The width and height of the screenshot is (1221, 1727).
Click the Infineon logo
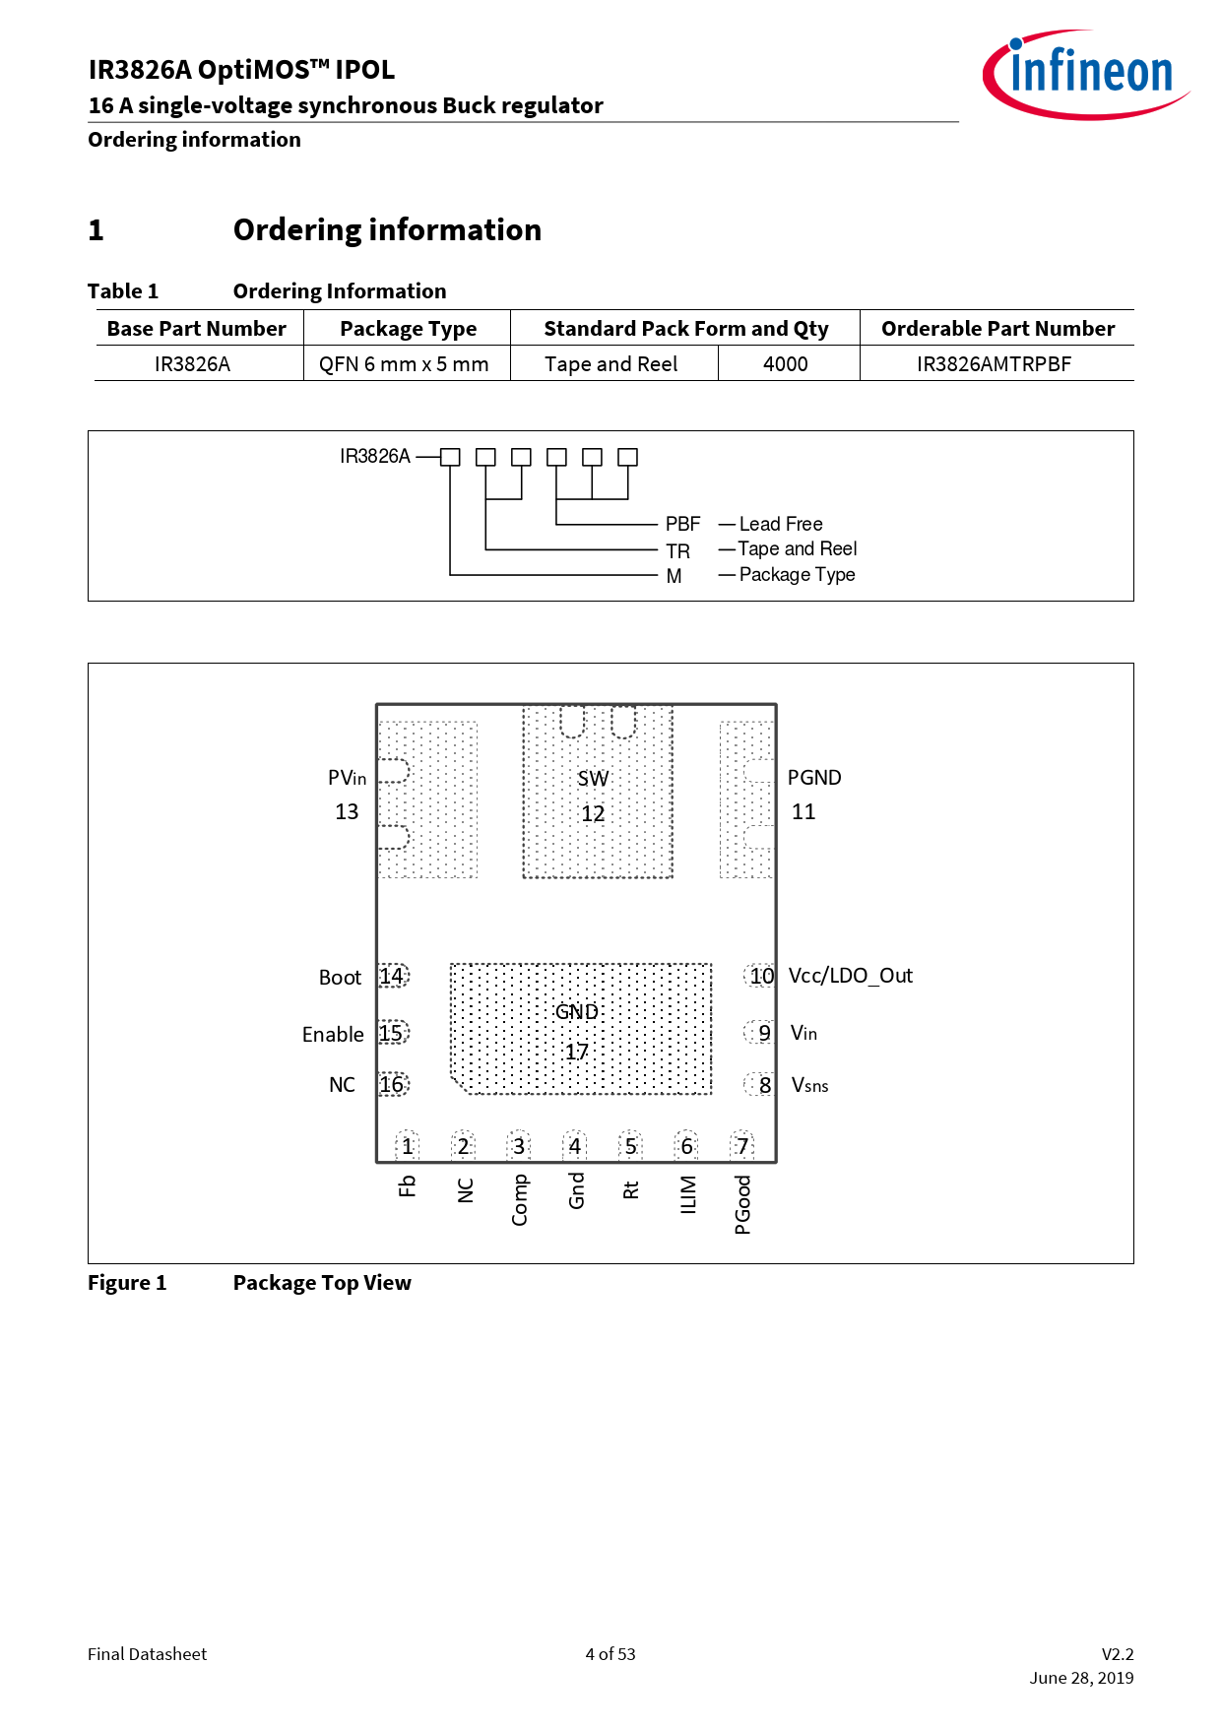1086,75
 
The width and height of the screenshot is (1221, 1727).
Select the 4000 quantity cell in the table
786,364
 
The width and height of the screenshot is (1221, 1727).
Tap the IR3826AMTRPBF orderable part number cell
994,364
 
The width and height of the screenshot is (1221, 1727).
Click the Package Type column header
408,329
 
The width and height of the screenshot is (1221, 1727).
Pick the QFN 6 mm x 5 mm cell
404,364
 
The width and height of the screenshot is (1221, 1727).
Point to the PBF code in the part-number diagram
682,524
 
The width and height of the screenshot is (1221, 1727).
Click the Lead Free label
781,524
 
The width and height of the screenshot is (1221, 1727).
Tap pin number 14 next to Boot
392,976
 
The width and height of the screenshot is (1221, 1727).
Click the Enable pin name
333,1034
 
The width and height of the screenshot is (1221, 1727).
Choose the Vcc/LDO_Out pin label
851,976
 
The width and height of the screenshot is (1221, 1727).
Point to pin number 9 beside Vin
764,1033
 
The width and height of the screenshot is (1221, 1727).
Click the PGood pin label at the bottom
742,1204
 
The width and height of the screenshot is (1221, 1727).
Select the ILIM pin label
688,1194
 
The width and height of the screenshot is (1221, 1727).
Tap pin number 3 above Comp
519,1146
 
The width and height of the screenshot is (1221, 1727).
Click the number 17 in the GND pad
577,1052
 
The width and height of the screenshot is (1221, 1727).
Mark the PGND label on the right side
814,778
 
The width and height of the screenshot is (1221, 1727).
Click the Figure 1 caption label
127,1283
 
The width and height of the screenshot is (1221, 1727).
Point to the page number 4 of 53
610,1654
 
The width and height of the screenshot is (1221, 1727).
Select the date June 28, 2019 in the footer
1081,1678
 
